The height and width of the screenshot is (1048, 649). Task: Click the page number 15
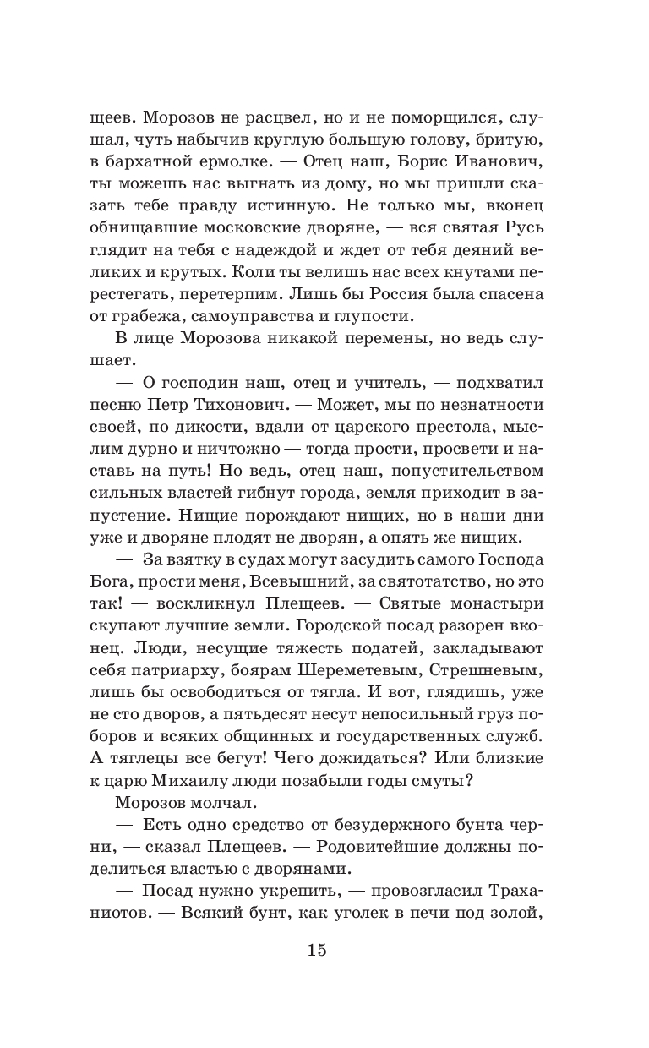(x=317, y=950)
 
